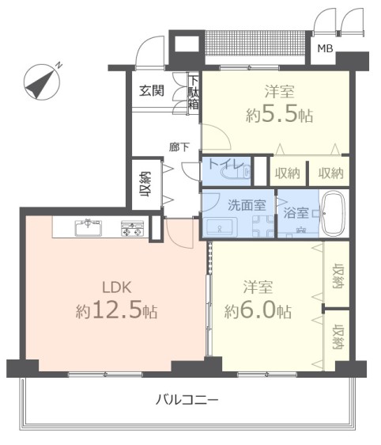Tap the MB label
(x=324, y=50)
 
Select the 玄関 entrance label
(x=152, y=90)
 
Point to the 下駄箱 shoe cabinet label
(x=193, y=93)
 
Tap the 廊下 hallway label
(x=179, y=146)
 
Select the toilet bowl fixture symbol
(x=242, y=169)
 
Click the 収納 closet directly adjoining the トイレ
(x=288, y=173)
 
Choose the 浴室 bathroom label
(x=296, y=212)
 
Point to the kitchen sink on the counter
(x=88, y=228)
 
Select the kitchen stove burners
(x=131, y=228)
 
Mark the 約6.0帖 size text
(x=257, y=310)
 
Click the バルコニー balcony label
(x=187, y=398)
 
